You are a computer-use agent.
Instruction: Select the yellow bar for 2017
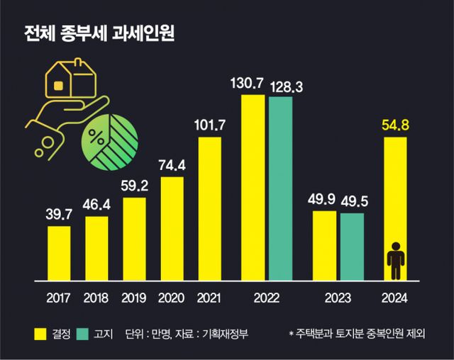[x=59, y=252]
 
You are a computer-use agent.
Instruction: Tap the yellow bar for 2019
[x=135, y=237]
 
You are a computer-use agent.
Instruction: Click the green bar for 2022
[x=281, y=187]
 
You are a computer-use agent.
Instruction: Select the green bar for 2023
[x=352, y=244]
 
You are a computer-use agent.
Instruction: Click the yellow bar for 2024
[x=395, y=206]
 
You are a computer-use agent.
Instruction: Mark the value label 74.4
[x=172, y=165]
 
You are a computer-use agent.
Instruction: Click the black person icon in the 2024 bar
[x=395, y=260]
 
